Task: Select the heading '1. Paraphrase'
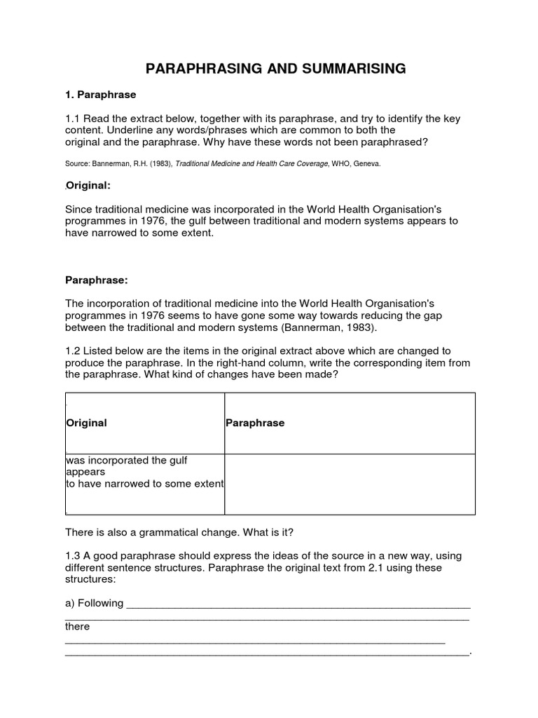pyautogui.click(x=100, y=94)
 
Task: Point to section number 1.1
pyautogui.click(x=73, y=119)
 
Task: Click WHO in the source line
pyautogui.click(x=333, y=163)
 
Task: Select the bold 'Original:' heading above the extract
pyautogui.click(x=88, y=186)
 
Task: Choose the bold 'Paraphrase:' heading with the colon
pyautogui.click(x=96, y=280)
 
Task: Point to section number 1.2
pyautogui.click(x=73, y=351)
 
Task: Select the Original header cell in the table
pyautogui.click(x=86, y=424)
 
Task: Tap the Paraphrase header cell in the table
pyautogui.click(x=255, y=424)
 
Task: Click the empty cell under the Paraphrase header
pyautogui.click(x=349, y=484)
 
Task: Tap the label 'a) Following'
pyautogui.click(x=94, y=603)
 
